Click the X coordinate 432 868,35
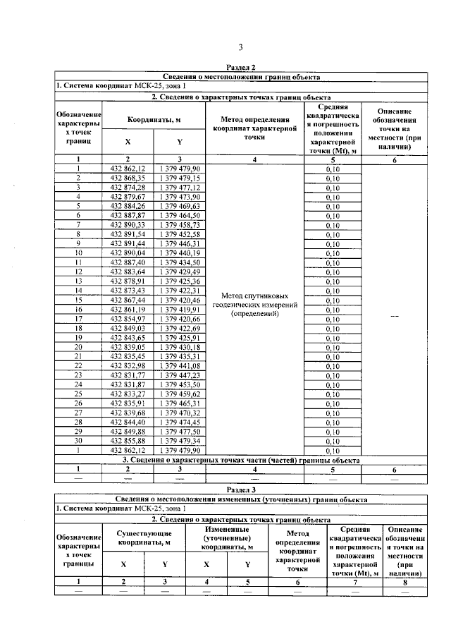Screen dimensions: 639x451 128,178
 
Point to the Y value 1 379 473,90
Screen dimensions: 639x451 180,197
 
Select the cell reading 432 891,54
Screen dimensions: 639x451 128,233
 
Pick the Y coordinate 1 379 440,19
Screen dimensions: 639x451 180,252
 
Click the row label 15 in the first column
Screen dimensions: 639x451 79,299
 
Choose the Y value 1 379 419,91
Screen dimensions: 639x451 180,308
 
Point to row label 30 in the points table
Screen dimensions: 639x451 79,440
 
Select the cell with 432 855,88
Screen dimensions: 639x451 128,440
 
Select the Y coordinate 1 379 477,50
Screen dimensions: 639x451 180,431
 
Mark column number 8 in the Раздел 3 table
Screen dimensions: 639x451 404,581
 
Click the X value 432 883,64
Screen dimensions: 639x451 128,271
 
